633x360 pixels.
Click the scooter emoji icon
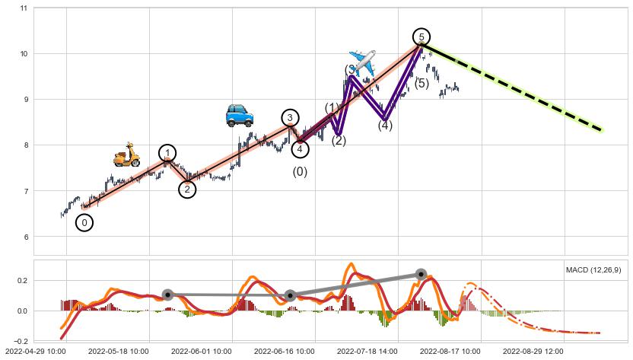[127, 155]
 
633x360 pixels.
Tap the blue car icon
[240, 116]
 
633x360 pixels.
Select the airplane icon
[362, 61]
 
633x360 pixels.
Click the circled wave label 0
[84, 222]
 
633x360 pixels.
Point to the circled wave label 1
[167, 153]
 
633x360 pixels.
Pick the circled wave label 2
[187, 190]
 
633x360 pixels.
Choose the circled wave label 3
[290, 117]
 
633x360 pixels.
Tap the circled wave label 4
[301, 148]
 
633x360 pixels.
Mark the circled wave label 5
[421, 37]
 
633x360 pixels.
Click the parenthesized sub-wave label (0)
[301, 172]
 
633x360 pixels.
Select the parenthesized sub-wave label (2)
[339, 140]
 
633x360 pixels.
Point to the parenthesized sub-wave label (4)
[385, 126]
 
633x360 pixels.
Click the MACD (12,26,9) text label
[593, 270]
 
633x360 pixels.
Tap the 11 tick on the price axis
[24, 8]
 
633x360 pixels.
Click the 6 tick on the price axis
[25, 237]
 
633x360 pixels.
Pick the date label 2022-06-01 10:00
[201, 352]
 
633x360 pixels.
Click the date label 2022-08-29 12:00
[533, 352]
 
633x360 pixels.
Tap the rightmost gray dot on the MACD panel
[421, 274]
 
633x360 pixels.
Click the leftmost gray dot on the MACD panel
[167, 295]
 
